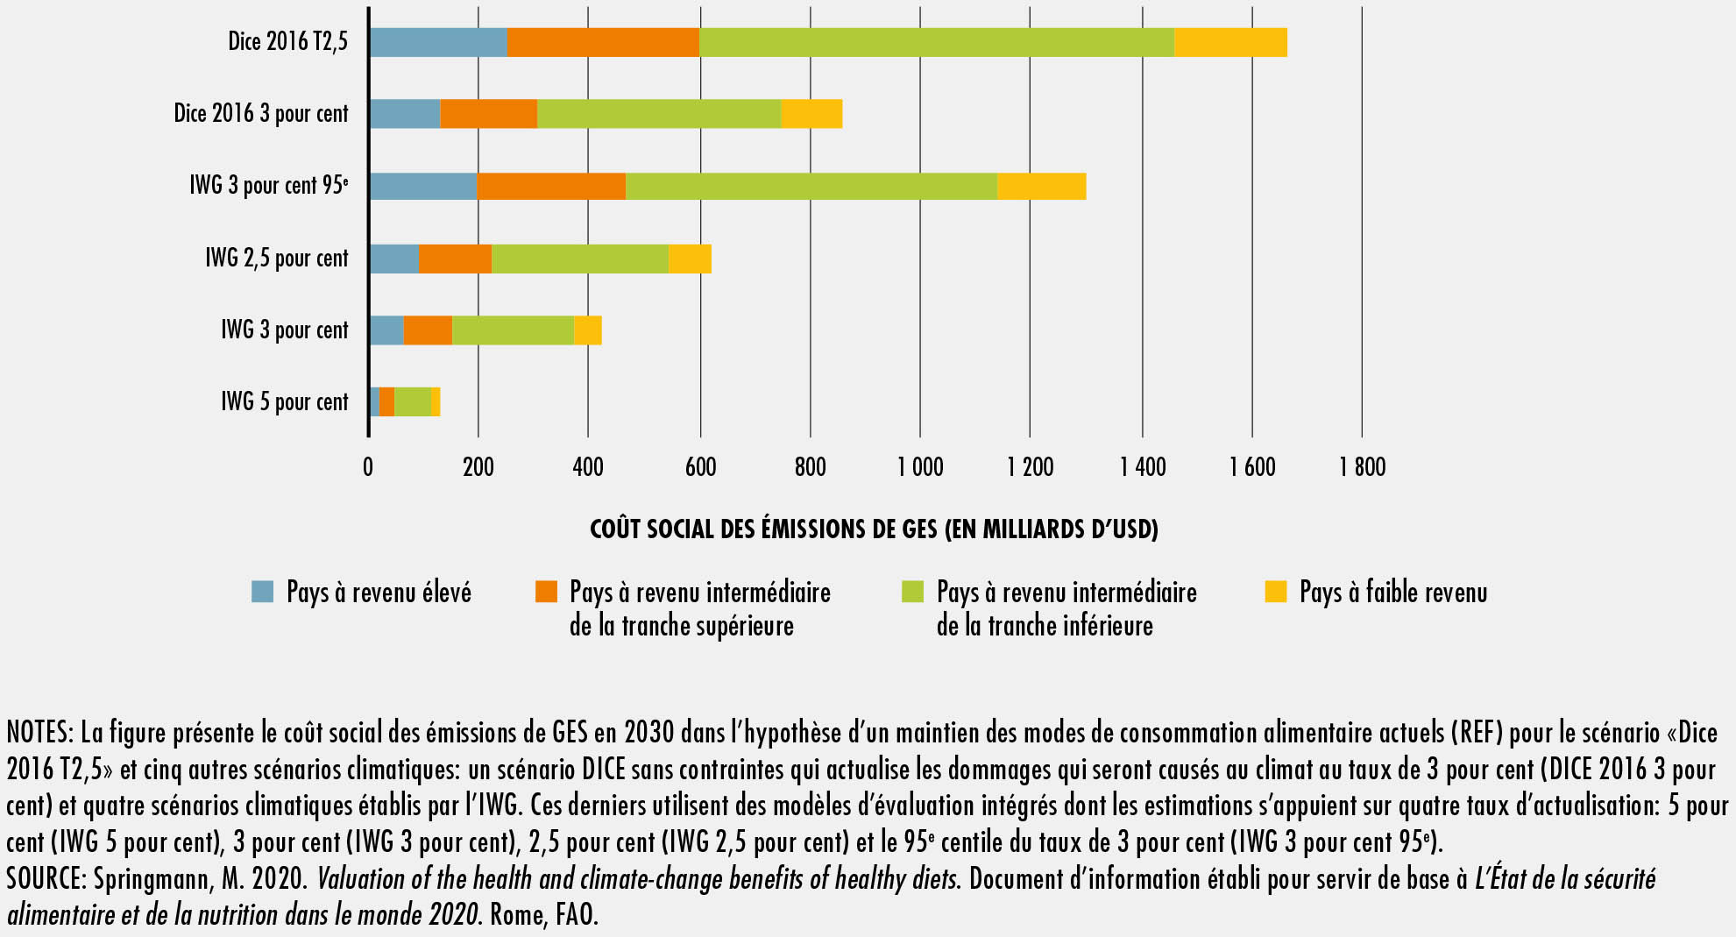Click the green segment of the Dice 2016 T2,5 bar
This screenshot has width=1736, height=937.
pos(936,42)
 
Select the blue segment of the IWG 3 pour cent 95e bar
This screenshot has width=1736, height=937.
pos(422,187)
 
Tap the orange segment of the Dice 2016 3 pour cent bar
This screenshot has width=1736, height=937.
pos(488,114)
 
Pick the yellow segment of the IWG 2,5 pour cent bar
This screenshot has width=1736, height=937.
pos(690,259)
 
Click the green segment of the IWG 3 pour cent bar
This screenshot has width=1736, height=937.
pos(513,330)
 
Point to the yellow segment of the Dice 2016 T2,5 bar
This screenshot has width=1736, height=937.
pos(1230,42)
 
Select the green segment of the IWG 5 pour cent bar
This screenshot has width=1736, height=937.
pos(413,402)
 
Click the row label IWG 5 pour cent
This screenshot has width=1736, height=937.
pos(285,402)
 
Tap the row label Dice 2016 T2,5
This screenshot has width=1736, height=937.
pos(287,41)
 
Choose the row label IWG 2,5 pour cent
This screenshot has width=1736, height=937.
pos(277,259)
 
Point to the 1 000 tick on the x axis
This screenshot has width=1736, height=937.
pos(920,467)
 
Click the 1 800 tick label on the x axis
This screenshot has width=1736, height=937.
pos(1362,467)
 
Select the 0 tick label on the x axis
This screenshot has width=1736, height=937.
pos(368,467)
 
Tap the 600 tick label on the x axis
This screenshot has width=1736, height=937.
pos(700,467)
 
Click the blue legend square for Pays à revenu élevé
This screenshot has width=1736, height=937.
pos(263,592)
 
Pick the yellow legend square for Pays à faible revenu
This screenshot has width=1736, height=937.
pos(1276,592)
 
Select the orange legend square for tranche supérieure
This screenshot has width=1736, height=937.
pos(546,592)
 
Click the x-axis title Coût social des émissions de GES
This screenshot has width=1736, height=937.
pos(874,529)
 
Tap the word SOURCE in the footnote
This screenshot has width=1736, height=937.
pos(45,879)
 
